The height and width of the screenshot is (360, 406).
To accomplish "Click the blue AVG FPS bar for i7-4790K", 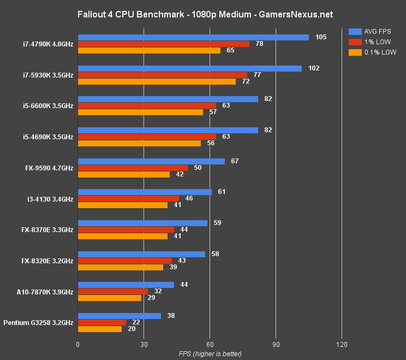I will [x=193, y=37].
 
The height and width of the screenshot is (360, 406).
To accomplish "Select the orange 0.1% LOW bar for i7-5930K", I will [x=157, y=81].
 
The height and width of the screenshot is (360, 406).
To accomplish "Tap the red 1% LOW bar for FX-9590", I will [x=133, y=168].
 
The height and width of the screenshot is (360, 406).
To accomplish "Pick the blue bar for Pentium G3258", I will [x=120, y=316].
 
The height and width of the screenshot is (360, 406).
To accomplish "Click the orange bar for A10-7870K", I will [x=110, y=298].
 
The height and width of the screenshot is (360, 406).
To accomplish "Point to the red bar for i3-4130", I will [x=128, y=199].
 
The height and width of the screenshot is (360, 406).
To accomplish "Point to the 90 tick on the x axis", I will [x=276, y=344].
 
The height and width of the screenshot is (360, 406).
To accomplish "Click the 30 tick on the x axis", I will [x=144, y=344].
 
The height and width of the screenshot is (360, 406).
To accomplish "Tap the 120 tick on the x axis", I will [x=342, y=344].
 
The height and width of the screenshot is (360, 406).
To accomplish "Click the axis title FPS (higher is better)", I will [x=210, y=354].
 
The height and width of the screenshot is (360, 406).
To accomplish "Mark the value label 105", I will [x=321, y=37].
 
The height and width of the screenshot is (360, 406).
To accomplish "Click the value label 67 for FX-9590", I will [x=235, y=161].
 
